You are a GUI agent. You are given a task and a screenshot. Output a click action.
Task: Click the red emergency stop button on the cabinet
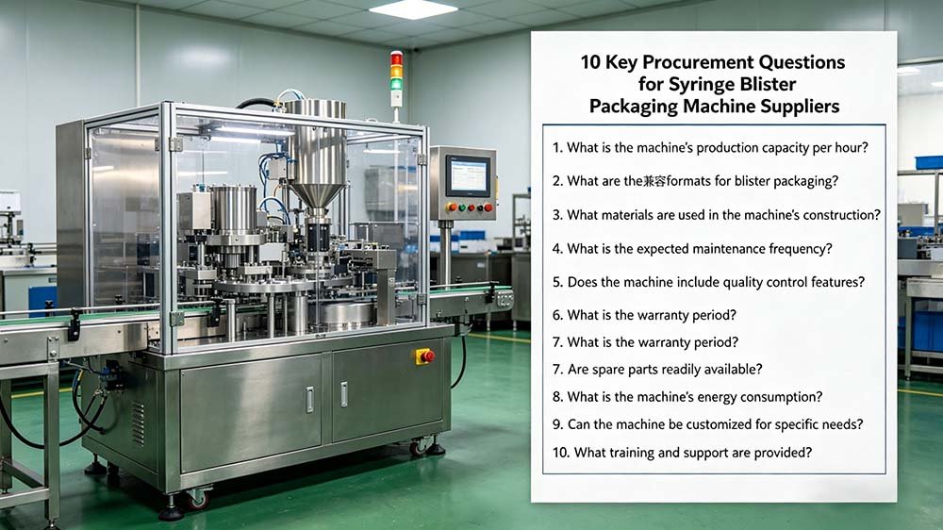pyautogui.click(x=426, y=356)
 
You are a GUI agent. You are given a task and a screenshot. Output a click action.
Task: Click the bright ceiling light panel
pyautogui.click(x=413, y=8)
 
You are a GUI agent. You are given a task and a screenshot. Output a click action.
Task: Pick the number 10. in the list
pyautogui.click(x=560, y=453)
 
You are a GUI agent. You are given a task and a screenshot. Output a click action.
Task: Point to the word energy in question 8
pyautogui.click(x=734, y=397)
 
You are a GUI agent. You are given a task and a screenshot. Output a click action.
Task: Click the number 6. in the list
pyautogui.click(x=558, y=315)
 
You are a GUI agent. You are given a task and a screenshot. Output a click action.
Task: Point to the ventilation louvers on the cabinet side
pyautogui.click(x=139, y=415)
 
